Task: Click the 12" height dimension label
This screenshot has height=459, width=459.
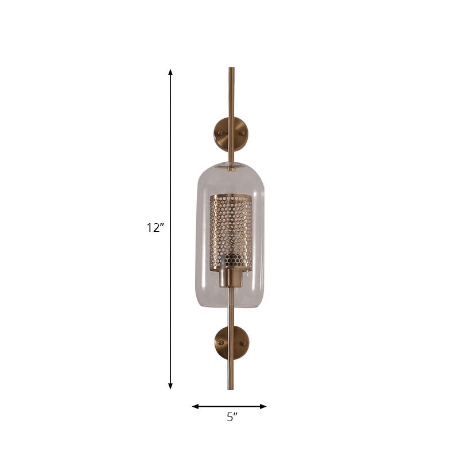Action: click(x=155, y=228)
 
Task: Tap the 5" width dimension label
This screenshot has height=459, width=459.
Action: click(x=231, y=418)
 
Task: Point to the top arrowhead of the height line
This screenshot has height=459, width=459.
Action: click(x=170, y=72)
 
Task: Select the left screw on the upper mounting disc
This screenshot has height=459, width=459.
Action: click(x=220, y=133)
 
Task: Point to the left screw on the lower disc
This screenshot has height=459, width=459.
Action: click(x=220, y=343)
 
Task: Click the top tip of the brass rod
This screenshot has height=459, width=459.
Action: click(x=231, y=69)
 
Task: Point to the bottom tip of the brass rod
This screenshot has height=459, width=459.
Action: click(x=231, y=388)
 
